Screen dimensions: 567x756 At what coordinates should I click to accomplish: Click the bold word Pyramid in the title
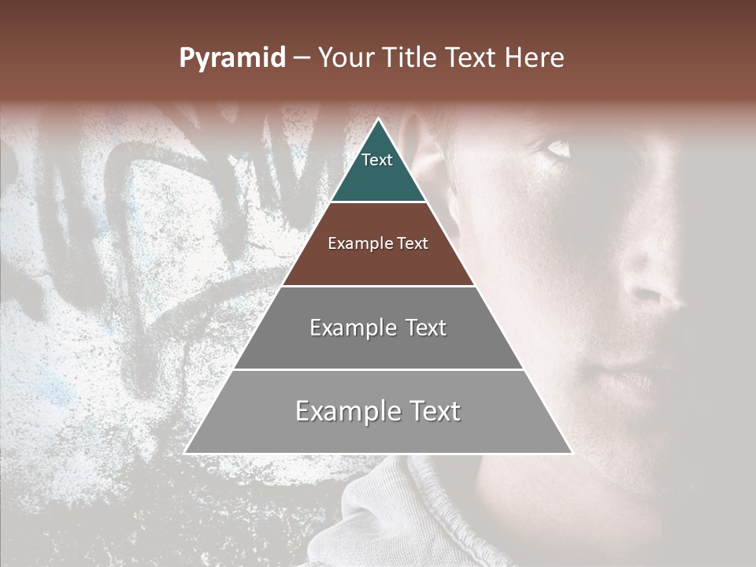(x=232, y=58)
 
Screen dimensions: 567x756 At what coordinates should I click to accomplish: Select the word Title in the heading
(x=410, y=58)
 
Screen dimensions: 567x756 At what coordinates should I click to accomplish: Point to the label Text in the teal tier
(x=377, y=160)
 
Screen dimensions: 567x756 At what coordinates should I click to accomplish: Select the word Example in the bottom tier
(x=345, y=411)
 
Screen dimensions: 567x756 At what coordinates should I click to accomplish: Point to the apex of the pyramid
(x=378, y=120)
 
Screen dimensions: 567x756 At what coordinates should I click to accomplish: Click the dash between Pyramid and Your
(x=302, y=58)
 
